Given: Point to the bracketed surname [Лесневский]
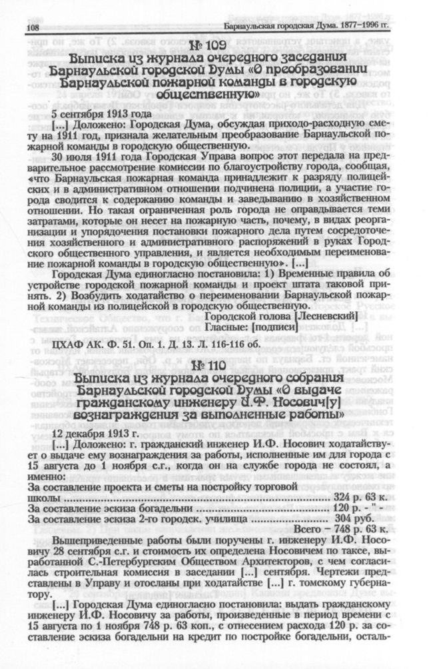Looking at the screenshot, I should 325,315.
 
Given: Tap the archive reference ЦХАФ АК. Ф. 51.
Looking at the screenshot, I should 78,346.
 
